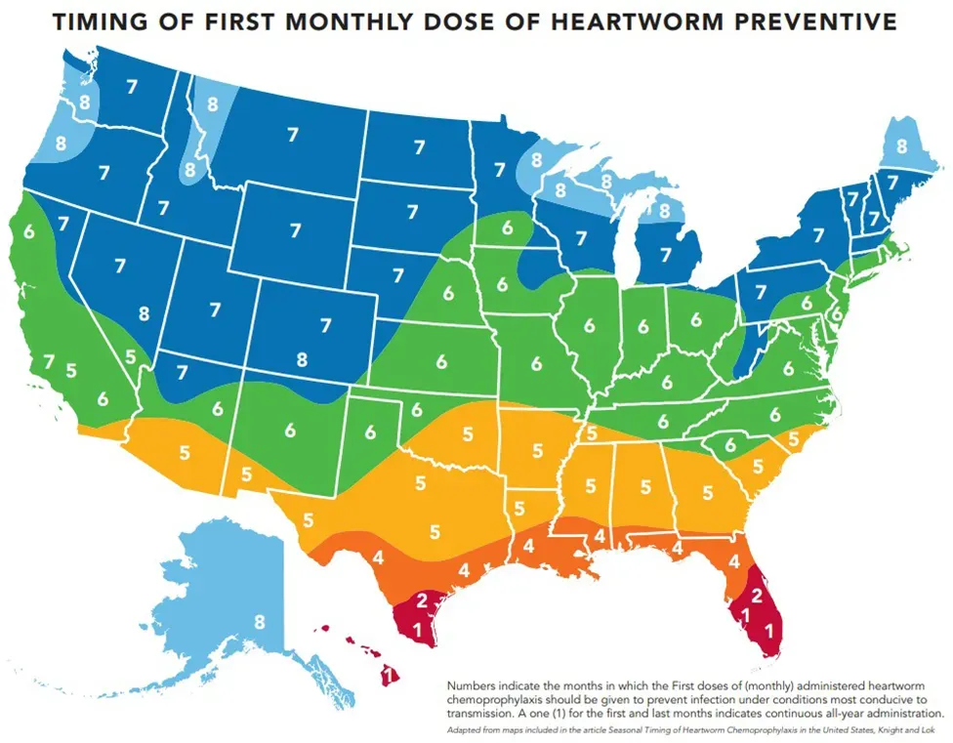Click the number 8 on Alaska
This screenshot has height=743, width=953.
(259, 621)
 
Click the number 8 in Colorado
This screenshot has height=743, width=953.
(301, 358)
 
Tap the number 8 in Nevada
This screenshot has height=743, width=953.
(145, 313)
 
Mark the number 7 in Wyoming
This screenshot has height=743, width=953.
(295, 230)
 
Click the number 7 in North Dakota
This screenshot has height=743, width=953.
(420, 147)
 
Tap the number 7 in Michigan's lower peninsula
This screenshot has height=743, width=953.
(666, 255)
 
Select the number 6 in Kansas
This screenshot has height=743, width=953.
(441, 361)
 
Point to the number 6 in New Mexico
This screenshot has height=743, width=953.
(290, 429)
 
